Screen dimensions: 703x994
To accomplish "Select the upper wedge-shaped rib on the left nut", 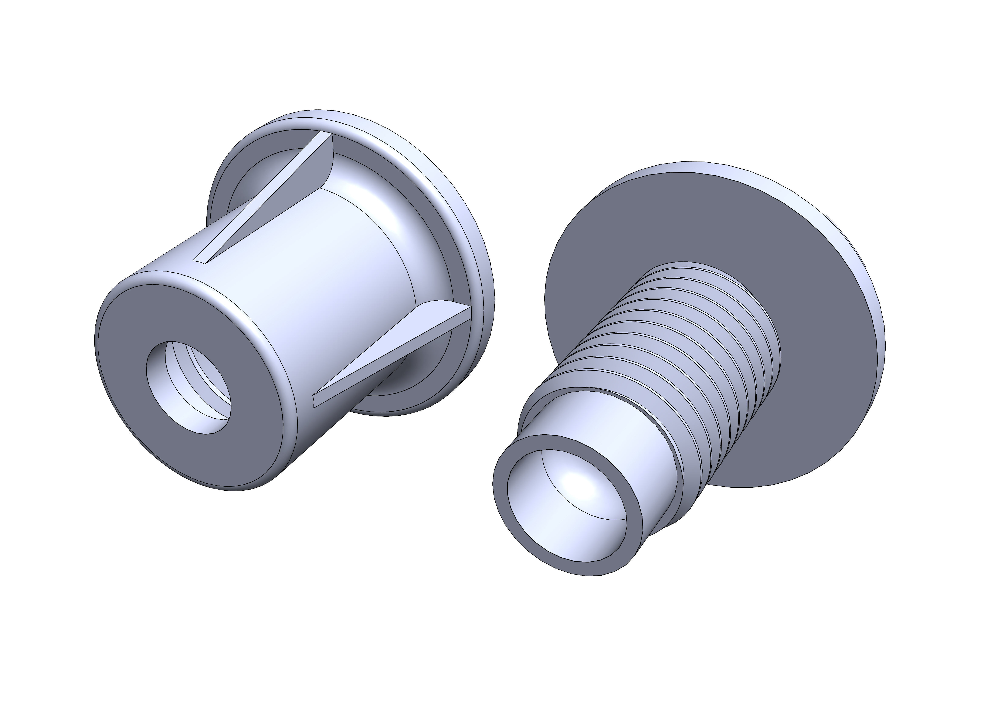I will (277, 199).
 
